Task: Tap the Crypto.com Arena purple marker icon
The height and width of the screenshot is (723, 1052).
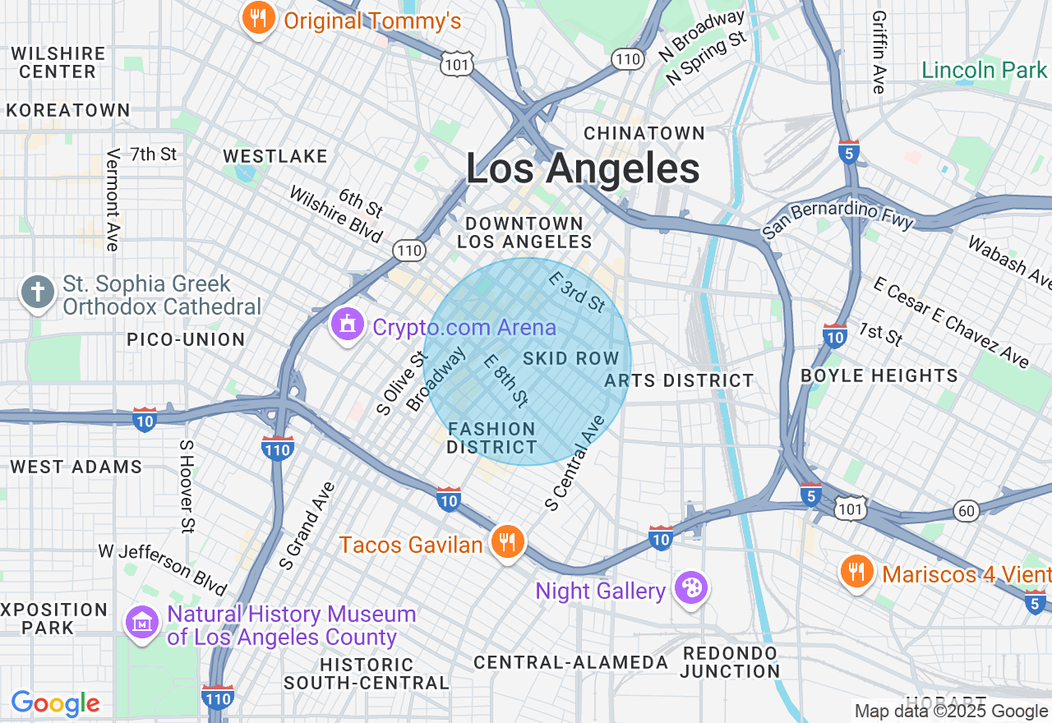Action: (x=347, y=326)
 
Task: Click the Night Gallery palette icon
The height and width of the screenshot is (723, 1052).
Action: (x=690, y=589)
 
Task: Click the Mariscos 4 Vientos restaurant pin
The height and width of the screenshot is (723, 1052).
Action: (x=857, y=573)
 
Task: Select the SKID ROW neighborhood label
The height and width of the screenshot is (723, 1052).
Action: (x=570, y=358)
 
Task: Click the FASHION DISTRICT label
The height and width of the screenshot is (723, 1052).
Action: (x=491, y=438)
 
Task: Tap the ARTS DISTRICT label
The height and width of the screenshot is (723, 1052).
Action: (x=679, y=380)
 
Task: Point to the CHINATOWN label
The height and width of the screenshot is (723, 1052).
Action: (x=644, y=133)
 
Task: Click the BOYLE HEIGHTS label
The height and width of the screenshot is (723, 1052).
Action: (x=879, y=375)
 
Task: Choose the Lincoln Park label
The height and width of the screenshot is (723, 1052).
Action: (x=984, y=70)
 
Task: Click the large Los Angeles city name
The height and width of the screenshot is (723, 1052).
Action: (x=583, y=168)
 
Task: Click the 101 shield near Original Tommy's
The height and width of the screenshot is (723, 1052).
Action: (x=456, y=63)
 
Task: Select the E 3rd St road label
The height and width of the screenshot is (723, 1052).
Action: (x=577, y=292)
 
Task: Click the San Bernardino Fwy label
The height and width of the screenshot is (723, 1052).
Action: (x=837, y=219)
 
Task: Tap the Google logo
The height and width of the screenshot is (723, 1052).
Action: (x=55, y=703)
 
